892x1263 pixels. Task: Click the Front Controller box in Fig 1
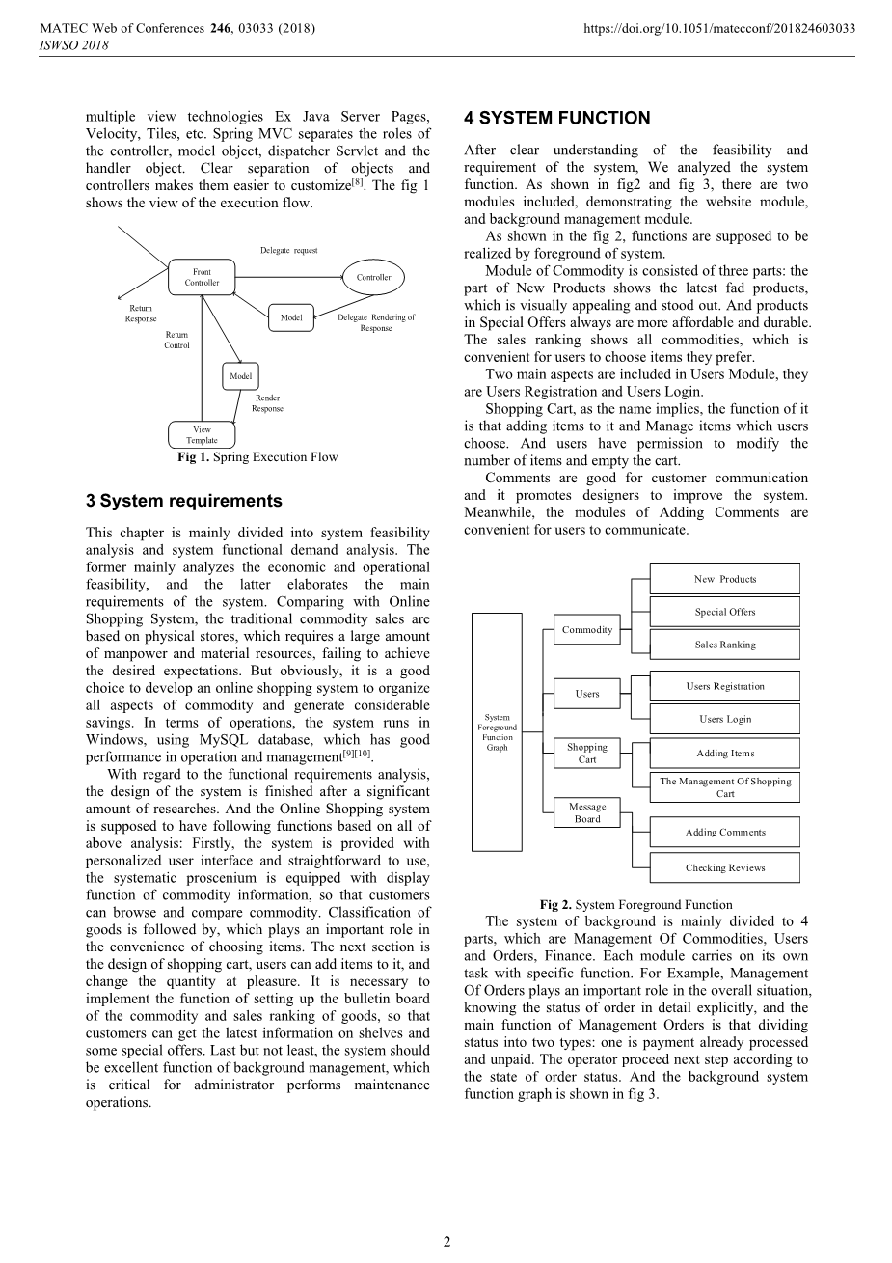coord(202,278)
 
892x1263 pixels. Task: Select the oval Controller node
coord(373,277)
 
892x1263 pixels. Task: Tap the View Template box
coord(202,435)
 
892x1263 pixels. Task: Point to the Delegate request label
coord(288,251)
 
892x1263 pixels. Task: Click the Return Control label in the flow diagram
coord(176,340)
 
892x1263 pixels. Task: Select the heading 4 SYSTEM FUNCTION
coord(556,119)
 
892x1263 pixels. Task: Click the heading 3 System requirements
coord(183,501)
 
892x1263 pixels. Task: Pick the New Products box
coord(725,579)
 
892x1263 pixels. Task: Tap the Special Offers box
coord(725,612)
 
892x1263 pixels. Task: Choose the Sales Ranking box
coord(725,645)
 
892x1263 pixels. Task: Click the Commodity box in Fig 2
coord(587,629)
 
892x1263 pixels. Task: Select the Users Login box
coord(725,719)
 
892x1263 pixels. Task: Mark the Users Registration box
coord(725,686)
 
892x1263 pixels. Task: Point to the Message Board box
coord(587,812)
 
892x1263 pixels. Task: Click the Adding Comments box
coord(725,832)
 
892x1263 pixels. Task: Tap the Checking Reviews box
coord(725,867)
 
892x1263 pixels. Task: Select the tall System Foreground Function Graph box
coord(497,732)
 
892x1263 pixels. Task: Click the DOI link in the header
coord(719,28)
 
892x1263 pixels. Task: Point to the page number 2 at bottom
coord(446,1242)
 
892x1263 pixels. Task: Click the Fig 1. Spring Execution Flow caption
coord(257,457)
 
